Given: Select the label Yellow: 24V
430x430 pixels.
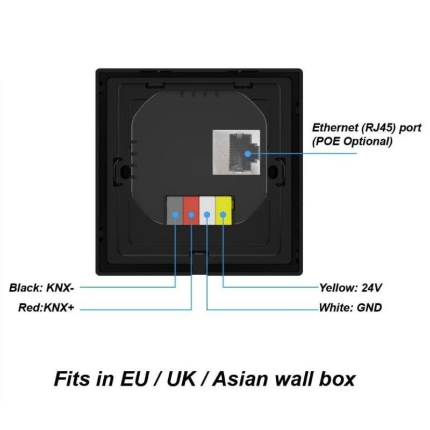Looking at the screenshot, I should point(350,288).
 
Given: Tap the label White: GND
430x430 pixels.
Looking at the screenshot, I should point(350,309).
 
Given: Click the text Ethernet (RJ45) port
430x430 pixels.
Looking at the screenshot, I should point(367,128).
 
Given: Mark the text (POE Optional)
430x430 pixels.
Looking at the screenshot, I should point(353,142).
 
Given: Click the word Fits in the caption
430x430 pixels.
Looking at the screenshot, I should point(76,378).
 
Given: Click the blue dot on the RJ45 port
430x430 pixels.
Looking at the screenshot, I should point(248,153).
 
